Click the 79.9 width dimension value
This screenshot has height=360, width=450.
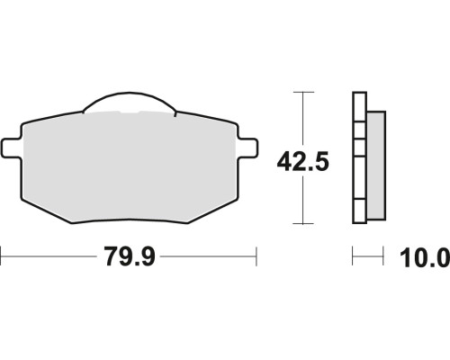(130, 256)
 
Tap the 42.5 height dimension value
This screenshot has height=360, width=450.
(302, 162)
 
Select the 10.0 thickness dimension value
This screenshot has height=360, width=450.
(425, 257)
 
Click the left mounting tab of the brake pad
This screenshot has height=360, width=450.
(12, 148)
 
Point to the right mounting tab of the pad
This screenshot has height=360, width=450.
(248, 148)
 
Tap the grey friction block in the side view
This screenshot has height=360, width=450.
(376, 166)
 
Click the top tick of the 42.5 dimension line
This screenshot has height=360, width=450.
(303, 92)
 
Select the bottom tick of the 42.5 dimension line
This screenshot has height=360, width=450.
(303, 223)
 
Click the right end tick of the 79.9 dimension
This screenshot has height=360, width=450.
(256, 256)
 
